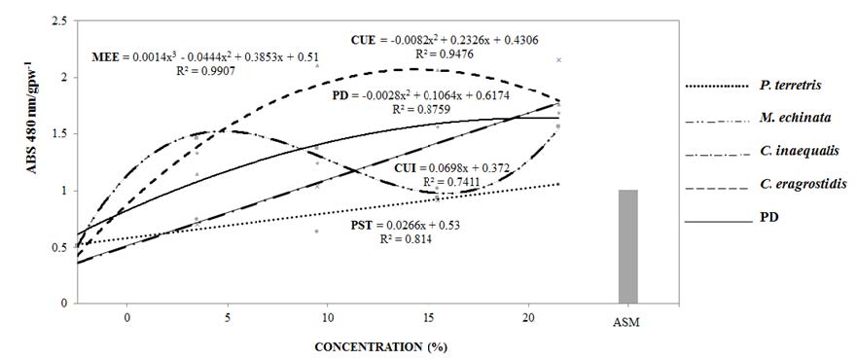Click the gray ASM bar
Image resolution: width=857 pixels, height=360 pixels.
tap(627, 246)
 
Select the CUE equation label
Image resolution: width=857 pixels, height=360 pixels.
tap(444, 40)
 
